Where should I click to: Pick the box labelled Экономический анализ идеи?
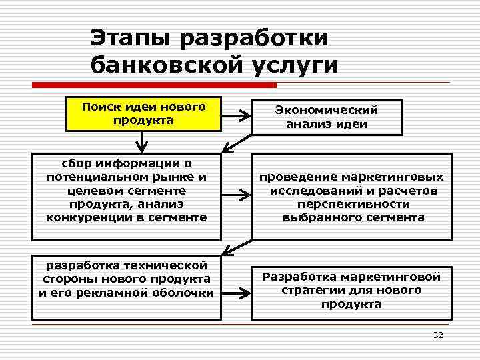tap(327, 117)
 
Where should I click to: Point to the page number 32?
tap(437, 335)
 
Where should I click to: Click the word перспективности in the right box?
tap(353, 204)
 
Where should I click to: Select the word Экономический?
tap(327, 111)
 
